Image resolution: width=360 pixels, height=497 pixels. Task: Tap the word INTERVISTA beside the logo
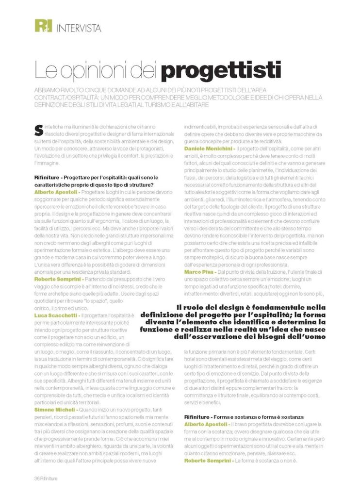79,28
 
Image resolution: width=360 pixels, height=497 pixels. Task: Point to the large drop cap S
38,130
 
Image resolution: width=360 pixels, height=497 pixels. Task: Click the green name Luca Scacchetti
56,315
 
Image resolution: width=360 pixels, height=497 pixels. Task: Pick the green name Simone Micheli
54,410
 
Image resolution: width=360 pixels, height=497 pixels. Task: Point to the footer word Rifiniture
49,479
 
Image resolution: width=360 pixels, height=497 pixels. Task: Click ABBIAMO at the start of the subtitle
50,91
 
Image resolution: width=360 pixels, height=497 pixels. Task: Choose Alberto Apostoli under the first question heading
55,193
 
